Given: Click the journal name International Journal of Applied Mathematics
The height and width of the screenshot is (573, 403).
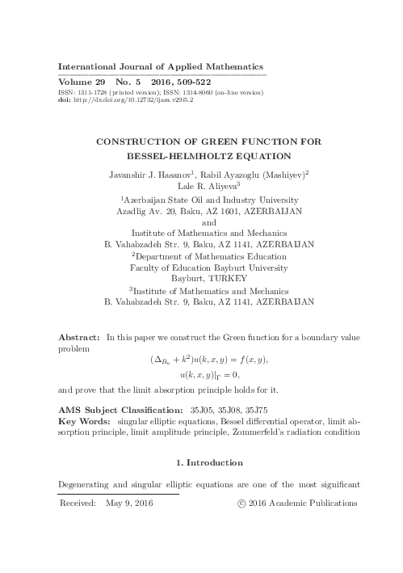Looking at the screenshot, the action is point(162,66).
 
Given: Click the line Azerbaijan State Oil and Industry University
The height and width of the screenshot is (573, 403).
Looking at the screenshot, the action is point(210,200).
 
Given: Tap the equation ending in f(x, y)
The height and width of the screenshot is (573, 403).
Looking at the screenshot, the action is point(208,359).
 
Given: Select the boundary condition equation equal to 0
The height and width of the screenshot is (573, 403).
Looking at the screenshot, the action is point(209,374).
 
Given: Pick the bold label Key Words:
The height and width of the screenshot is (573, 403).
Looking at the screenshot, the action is point(86,421).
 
